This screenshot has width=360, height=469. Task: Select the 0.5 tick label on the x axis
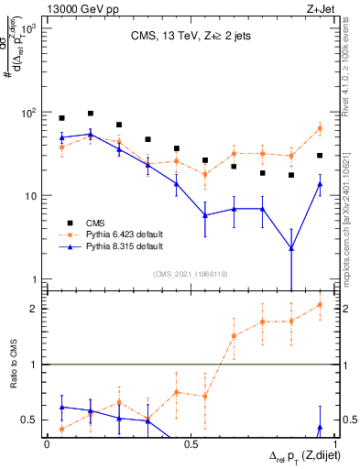pos(190,443)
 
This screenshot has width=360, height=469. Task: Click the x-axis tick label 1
pos(333,443)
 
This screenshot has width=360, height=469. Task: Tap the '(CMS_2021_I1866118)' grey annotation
pos(190,274)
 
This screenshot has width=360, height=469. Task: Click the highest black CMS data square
pos(91,114)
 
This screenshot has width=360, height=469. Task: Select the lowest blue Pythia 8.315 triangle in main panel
pos(290,247)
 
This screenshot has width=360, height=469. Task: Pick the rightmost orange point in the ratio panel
pos(320,305)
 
